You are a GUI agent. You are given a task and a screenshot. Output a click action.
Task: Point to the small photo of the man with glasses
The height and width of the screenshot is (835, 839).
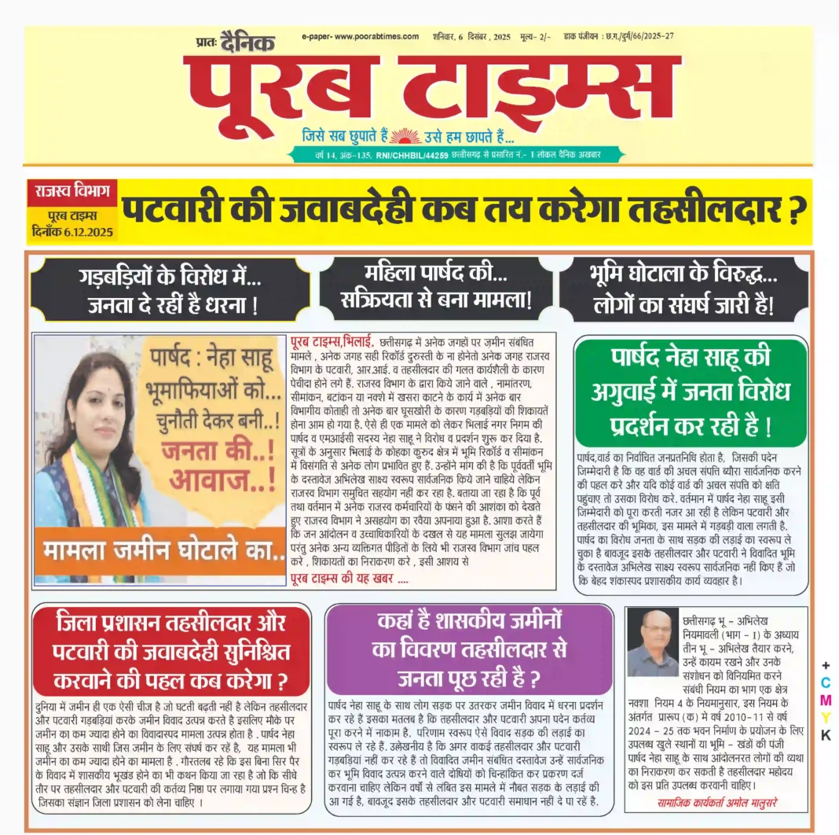tap(652, 642)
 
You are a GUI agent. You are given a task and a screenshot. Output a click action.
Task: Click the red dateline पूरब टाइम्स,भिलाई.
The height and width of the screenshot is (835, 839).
tap(331, 341)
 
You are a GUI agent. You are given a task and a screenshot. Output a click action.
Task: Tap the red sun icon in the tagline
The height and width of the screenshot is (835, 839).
tap(405, 135)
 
